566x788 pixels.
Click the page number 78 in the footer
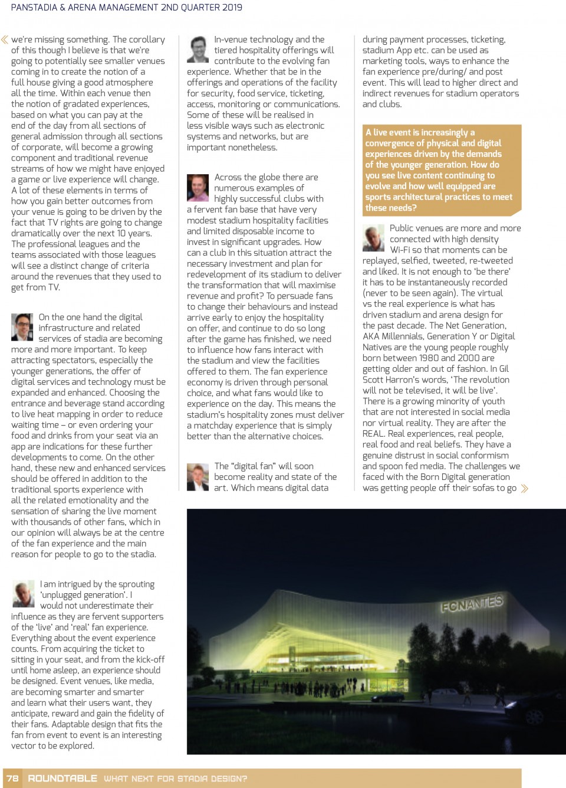12,778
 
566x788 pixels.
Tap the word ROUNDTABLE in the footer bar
62,778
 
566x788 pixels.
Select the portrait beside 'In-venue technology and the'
198,50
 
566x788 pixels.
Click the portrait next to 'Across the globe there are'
198,188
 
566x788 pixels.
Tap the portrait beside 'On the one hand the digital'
22,327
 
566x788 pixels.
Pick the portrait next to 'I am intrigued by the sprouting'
24,594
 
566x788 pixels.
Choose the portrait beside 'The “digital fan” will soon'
198,477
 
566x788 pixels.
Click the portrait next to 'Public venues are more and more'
373,238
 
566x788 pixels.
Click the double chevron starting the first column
5,40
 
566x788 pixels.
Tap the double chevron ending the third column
524,488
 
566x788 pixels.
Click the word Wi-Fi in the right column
402,250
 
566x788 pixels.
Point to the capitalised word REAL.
374,433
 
